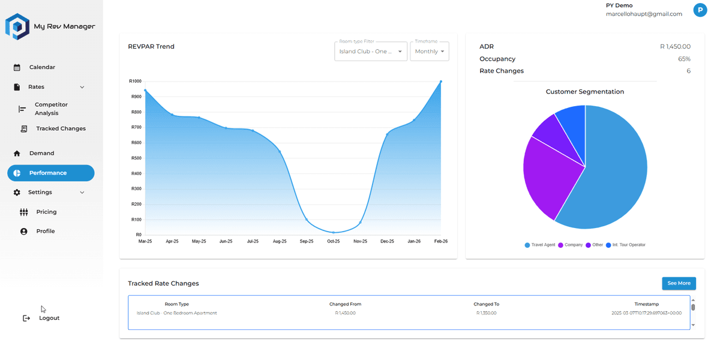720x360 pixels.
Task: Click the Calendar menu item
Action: coord(42,67)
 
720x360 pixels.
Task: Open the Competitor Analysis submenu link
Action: coord(51,109)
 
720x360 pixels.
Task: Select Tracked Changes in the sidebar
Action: coord(61,128)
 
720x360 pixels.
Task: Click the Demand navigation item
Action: coord(41,153)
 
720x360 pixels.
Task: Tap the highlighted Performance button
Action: coord(51,173)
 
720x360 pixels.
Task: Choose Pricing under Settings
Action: coord(46,212)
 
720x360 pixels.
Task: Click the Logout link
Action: coord(49,318)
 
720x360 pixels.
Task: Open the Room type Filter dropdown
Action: coord(370,52)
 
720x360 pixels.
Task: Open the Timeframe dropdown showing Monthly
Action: coord(429,52)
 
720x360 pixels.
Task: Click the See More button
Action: coord(679,283)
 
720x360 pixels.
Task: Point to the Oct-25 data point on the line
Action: coord(334,232)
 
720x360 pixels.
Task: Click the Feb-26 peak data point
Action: coord(441,82)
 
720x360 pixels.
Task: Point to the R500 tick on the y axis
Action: coord(136,158)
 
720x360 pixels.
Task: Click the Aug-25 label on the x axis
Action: coord(280,241)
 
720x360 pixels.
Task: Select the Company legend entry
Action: coord(573,245)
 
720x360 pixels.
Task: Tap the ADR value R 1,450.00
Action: coord(675,46)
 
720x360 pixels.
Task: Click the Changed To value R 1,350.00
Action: coord(486,313)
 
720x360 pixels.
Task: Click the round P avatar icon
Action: coord(700,10)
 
